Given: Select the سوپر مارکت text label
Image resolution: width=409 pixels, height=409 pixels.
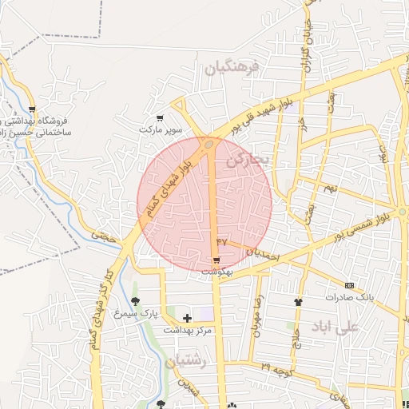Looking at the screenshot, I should pos(161,129).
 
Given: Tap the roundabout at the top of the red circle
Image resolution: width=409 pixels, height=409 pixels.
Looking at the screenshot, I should pos(208,145).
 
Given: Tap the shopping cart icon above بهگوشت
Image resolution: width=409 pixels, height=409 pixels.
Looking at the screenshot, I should pos(216,260).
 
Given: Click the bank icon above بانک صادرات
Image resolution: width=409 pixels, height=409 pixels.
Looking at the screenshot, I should pos(349,285).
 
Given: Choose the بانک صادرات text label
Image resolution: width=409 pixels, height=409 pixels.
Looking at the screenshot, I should pos(350,297).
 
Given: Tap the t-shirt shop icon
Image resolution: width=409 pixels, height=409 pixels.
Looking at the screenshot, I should pos(299,302).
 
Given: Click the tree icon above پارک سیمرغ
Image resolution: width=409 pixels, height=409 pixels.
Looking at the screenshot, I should pos(135,301).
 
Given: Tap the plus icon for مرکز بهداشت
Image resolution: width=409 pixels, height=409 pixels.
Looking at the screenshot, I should pos(187,318).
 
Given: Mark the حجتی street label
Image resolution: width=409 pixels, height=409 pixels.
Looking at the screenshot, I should pos(104,236).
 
